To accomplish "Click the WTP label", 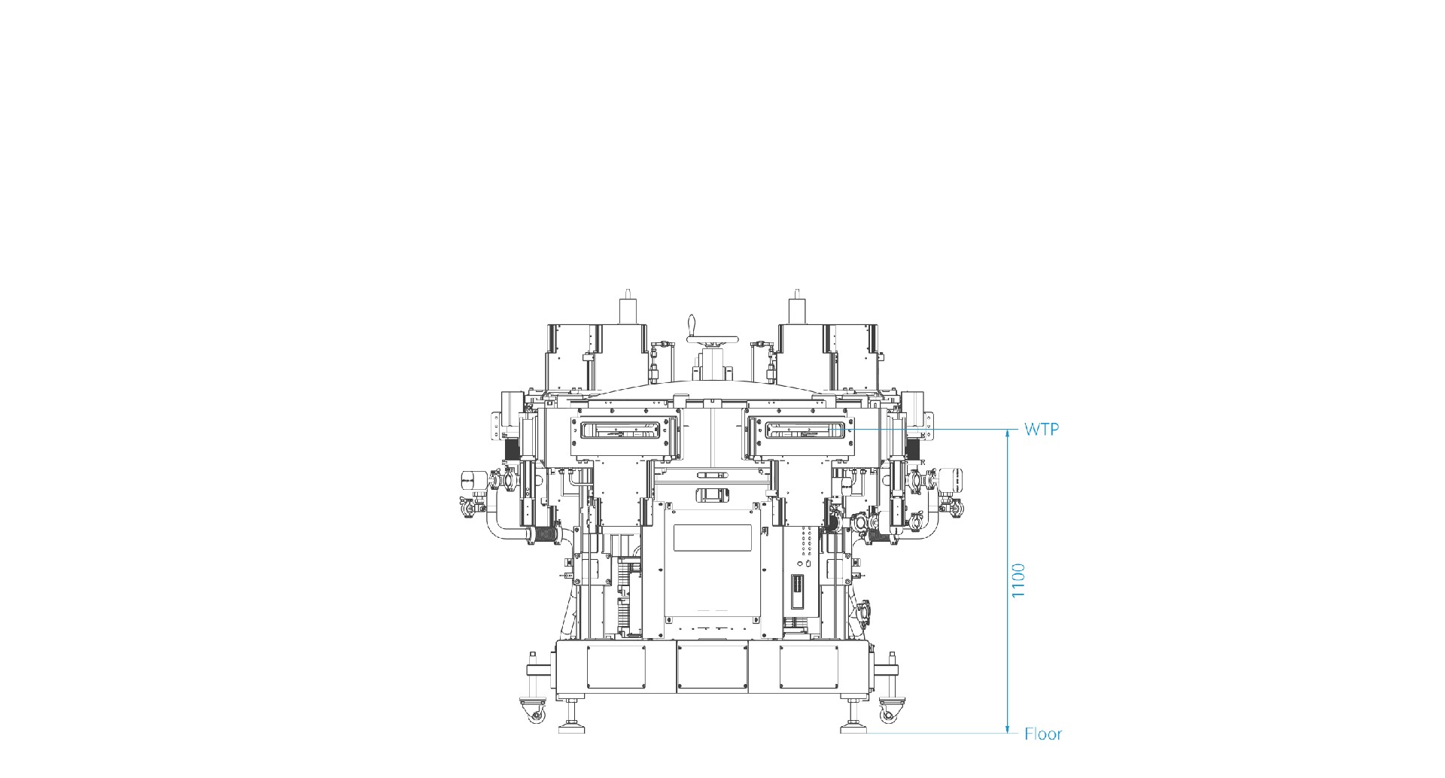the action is point(1042,430).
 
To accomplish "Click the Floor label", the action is point(1043,734).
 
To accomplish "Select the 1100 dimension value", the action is point(1018,581).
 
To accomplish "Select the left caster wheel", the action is point(535,714).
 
